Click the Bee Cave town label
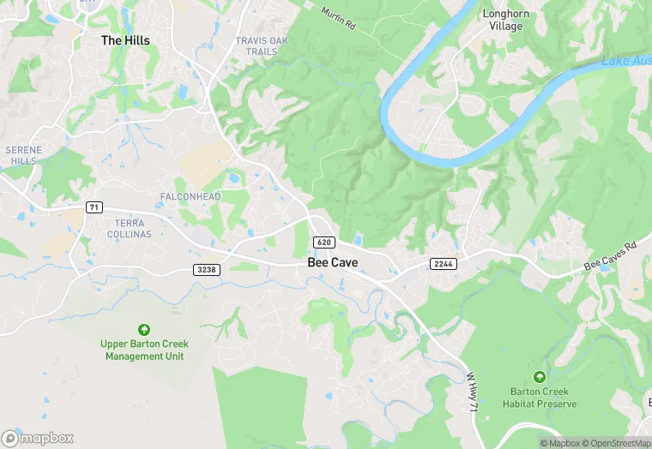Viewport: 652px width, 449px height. tap(333, 263)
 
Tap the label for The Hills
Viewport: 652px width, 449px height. tap(125, 40)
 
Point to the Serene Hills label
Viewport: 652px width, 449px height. tap(23, 155)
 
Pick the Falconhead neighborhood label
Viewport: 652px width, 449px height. tap(190, 197)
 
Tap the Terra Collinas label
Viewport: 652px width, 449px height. tap(127, 229)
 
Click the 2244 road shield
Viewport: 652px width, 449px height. tap(444, 264)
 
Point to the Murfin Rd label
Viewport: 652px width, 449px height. tap(337, 17)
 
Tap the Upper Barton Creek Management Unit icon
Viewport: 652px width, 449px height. tap(144, 330)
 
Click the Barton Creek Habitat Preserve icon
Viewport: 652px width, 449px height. tap(539, 377)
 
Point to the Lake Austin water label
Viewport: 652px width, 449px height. tap(626, 60)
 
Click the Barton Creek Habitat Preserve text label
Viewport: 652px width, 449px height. tap(539, 398)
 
